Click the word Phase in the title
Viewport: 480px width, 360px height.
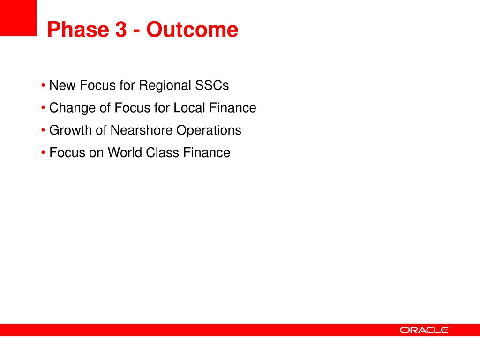(x=78, y=30)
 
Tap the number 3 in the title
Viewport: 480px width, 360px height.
(x=121, y=30)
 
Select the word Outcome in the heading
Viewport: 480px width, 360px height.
(x=192, y=30)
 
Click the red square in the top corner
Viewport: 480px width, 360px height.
(x=18, y=18)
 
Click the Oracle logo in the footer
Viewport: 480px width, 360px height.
(x=424, y=330)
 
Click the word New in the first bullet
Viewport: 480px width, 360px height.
(x=62, y=85)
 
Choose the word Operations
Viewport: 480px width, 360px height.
(x=209, y=131)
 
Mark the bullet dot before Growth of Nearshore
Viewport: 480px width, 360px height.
(x=43, y=130)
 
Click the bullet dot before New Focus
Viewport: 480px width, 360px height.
(x=43, y=85)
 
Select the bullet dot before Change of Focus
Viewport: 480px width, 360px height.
(x=43, y=108)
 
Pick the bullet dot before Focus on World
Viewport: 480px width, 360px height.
(x=43, y=152)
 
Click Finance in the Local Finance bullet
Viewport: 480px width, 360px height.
(x=232, y=108)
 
